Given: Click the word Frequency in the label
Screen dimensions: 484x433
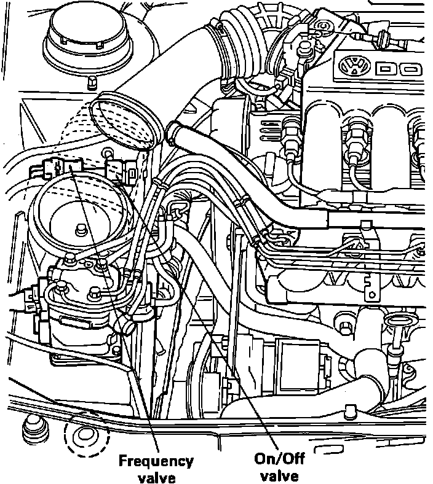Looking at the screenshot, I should (x=156, y=461).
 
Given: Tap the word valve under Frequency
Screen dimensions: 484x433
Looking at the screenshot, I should (x=156, y=477).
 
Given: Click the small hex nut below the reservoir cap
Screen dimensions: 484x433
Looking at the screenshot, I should (x=91, y=82).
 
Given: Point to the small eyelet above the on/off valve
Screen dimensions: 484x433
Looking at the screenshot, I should (x=108, y=152).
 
